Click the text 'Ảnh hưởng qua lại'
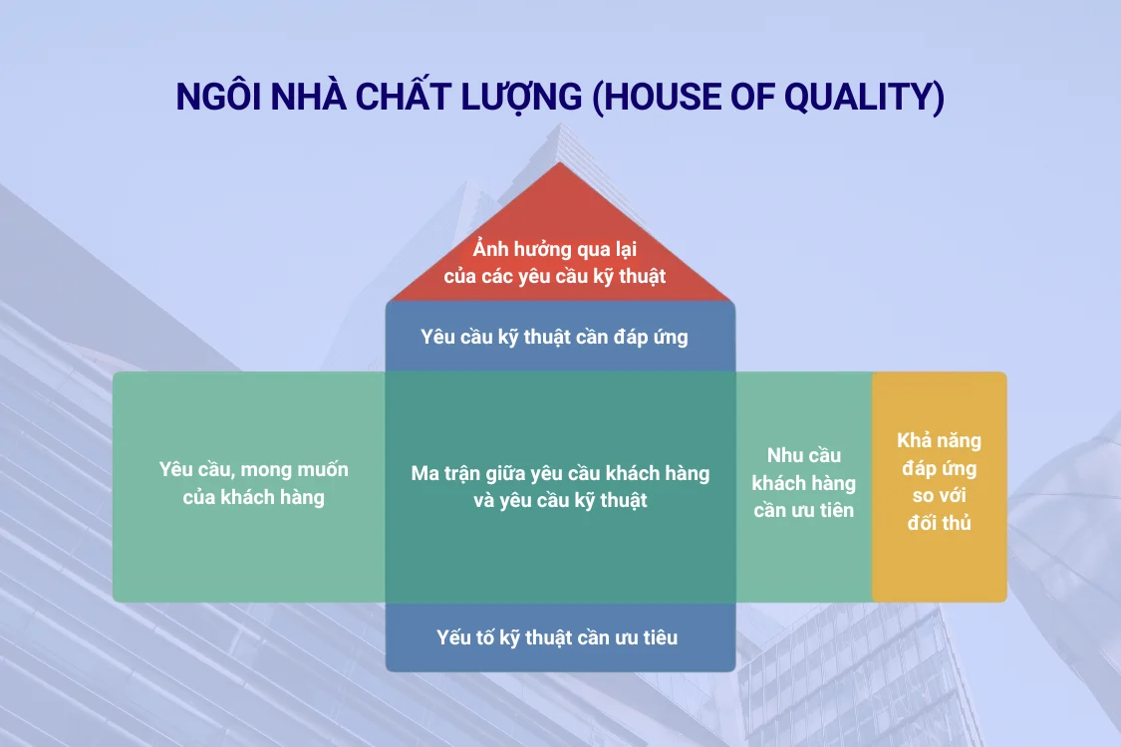(x=555, y=249)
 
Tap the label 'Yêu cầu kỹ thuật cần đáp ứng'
(x=554, y=337)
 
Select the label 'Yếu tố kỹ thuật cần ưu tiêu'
(x=557, y=636)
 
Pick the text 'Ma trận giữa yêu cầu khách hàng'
(x=560, y=473)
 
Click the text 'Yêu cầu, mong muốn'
(x=254, y=470)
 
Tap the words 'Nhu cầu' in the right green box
(x=803, y=456)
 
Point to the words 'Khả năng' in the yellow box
(x=939, y=440)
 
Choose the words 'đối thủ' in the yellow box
(x=939, y=523)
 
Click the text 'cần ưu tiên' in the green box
(x=803, y=510)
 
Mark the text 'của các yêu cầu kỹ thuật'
(x=555, y=276)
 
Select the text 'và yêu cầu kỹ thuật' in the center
(x=560, y=500)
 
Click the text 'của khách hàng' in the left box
(x=254, y=497)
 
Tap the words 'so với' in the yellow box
(x=939, y=495)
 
